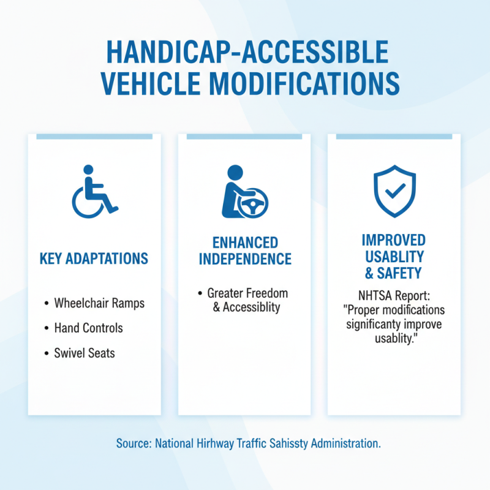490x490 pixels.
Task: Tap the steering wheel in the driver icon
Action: point(252,206)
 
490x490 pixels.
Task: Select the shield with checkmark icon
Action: point(394,191)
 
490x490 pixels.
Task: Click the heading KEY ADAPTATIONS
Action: point(94,258)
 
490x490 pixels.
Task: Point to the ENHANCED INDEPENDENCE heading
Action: point(244,251)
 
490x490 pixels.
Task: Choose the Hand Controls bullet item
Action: point(88,328)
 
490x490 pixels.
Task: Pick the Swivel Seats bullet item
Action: point(85,353)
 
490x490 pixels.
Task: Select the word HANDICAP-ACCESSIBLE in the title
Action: point(247,52)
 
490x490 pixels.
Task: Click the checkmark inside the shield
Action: point(394,190)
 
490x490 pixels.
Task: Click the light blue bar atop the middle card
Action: point(244,137)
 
